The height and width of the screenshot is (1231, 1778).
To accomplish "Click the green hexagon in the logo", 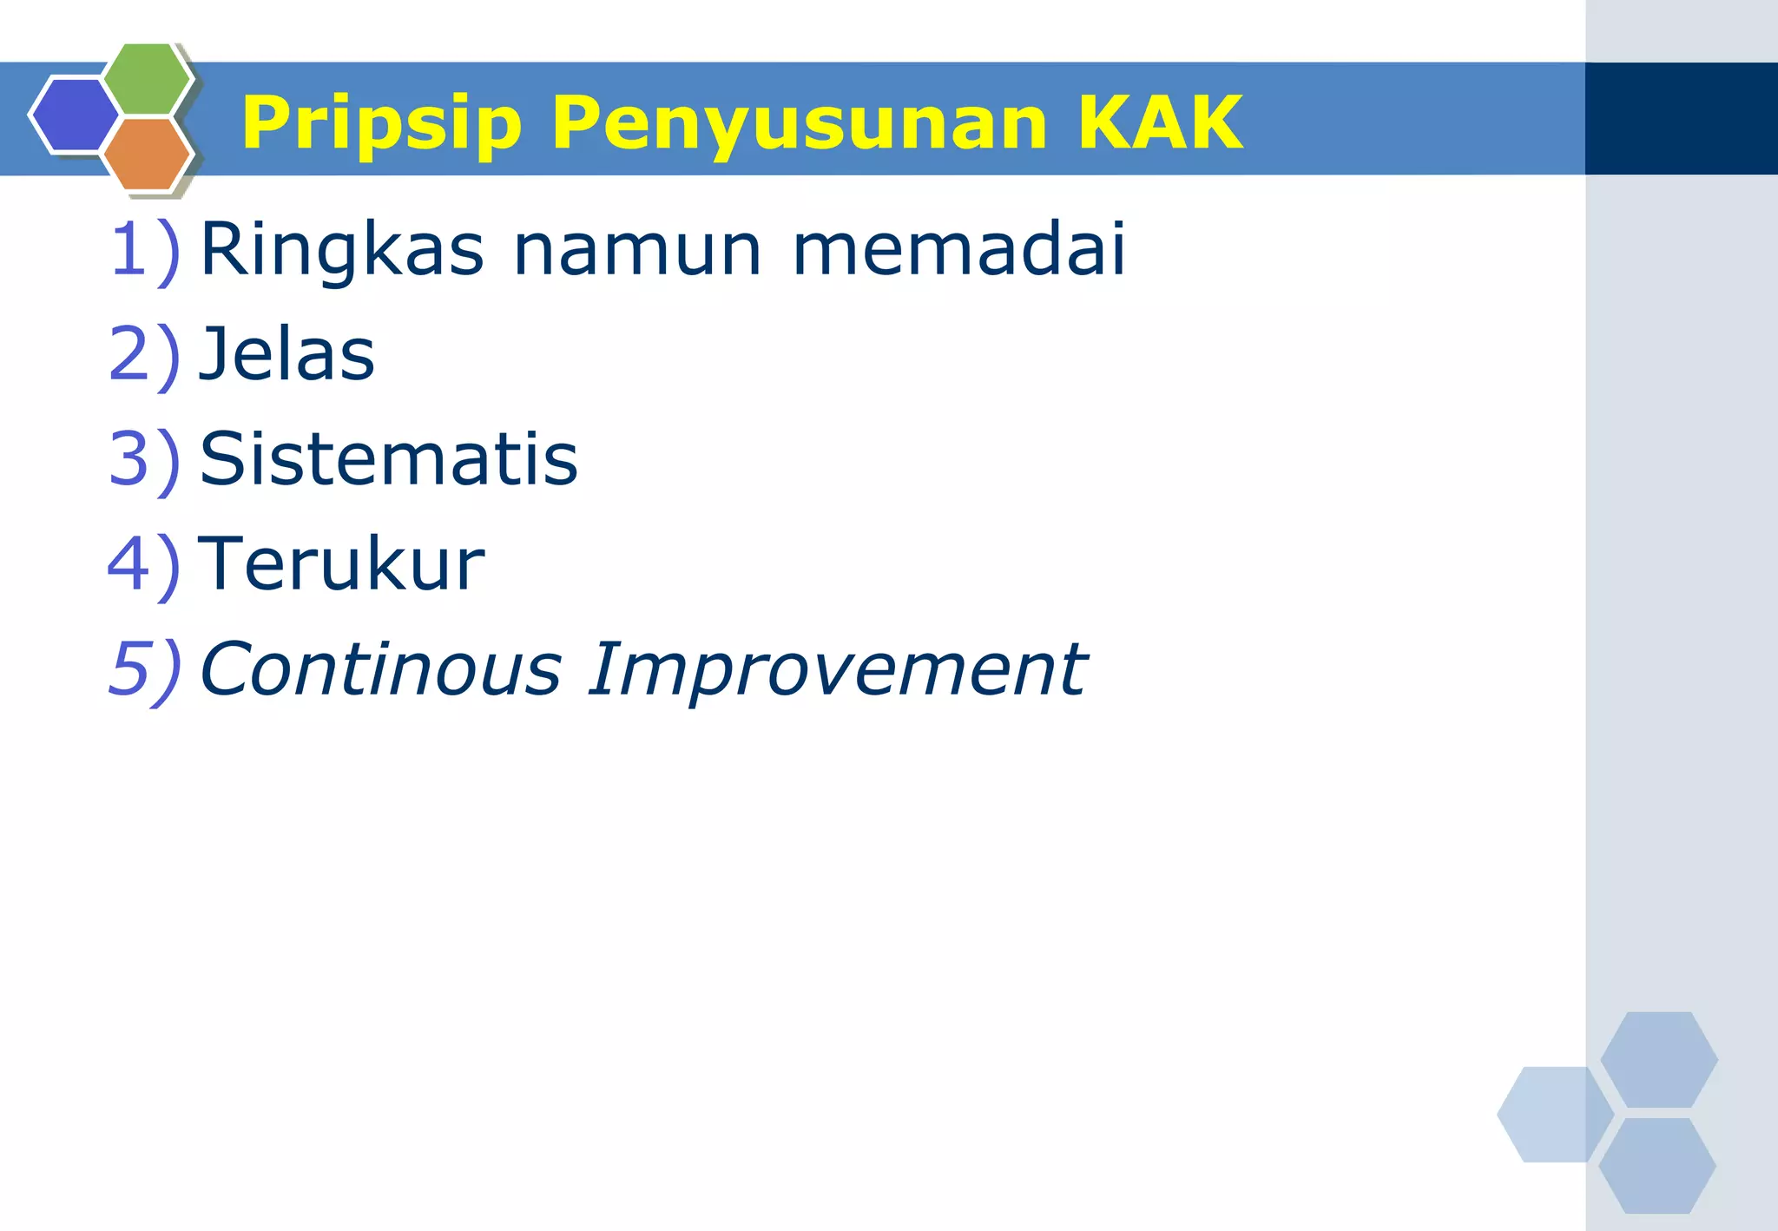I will coord(148,78).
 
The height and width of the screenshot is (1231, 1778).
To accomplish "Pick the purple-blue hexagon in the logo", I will coord(74,115).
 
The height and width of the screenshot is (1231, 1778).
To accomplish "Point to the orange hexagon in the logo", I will coord(146,155).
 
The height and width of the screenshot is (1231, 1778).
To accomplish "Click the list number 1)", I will coord(145,250).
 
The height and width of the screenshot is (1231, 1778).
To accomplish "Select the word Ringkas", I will coord(341,250).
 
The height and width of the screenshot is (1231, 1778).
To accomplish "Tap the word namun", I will coord(638,250).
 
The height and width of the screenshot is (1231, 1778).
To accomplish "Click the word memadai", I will coord(959,250).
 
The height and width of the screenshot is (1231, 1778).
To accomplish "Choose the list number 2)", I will coord(145,355).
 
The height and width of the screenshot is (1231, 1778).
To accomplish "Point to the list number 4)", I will coord(145,564).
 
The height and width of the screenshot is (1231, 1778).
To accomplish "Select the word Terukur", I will coord(341,564).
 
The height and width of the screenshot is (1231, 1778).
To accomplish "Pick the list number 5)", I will coord(145,669).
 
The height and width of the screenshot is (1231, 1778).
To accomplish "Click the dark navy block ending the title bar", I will coord(1681,118).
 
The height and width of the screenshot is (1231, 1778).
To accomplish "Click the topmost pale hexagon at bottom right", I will coord(1659,1059).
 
